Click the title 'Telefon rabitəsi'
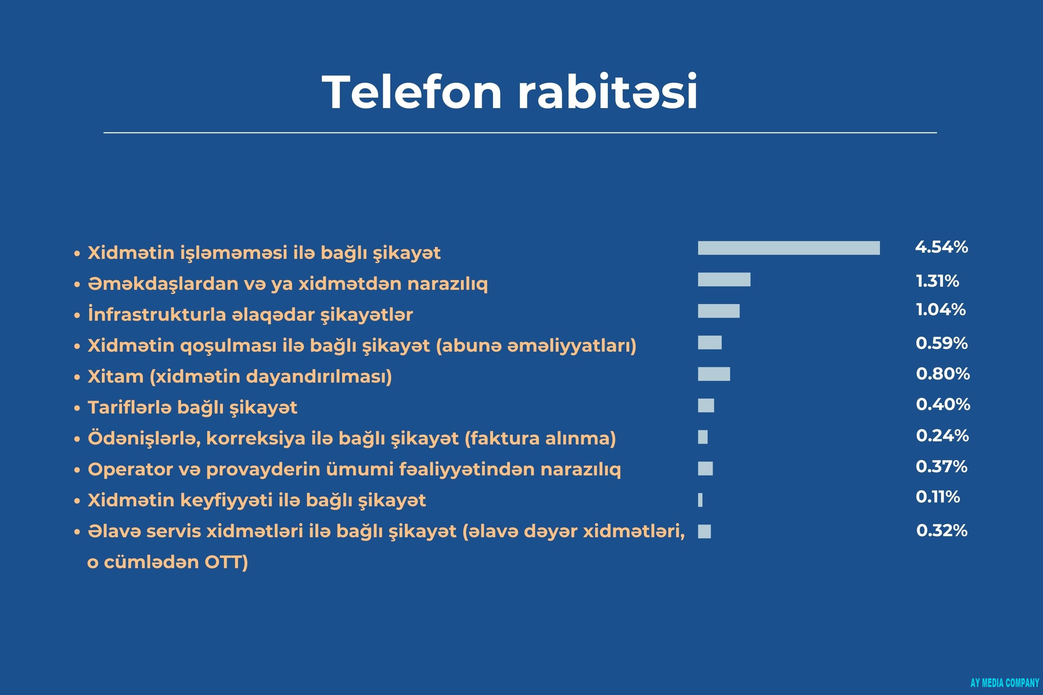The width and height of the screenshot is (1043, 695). click(x=510, y=91)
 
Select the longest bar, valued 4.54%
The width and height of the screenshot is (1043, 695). click(x=789, y=248)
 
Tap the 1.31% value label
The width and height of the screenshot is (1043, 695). click(x=937, y=281)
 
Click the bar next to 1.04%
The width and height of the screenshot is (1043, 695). click(x=718, y=311)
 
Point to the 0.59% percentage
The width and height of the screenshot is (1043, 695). click(x=941, y=343)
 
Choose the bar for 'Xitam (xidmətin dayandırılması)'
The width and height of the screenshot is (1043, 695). click(x=713, y=374)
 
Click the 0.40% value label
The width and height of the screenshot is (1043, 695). click(x=943, y=404)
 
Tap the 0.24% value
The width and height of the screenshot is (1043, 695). click(x=942, y=436)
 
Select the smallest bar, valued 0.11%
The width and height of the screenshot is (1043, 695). click(x=700, y=500)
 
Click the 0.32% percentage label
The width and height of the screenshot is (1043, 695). click(x=942, y=530)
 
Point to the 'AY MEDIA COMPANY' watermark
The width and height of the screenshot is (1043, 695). click(x=1004, y=682)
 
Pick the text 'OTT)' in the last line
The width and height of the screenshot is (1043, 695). click(x=226, y=562)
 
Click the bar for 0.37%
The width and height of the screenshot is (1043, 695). click(x=705, y=468)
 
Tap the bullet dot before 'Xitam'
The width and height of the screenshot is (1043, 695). click(x=77, y=377)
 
